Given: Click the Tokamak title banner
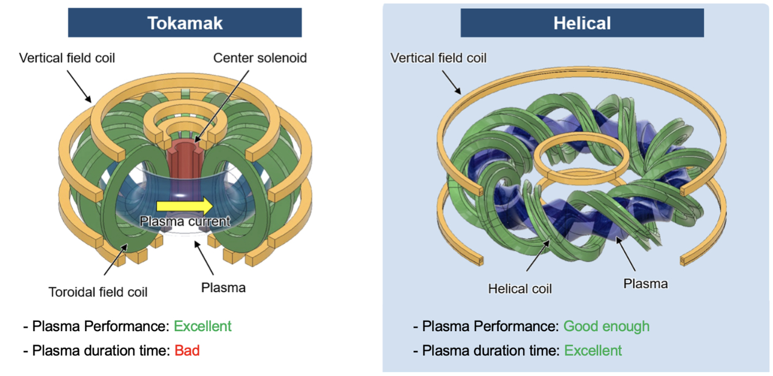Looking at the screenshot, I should coord(185,22).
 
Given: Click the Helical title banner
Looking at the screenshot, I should coord(581,23).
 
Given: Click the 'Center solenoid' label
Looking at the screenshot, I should coord(260,58).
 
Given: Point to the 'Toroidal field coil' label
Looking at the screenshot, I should coord(98,292).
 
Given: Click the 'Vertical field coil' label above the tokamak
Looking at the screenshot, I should coord(67,58).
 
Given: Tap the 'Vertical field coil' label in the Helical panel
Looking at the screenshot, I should coord(438,58).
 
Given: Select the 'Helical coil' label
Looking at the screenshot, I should coord(520,289).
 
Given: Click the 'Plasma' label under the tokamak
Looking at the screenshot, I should coord(223,287).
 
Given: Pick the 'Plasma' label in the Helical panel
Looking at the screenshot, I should coord(645,283).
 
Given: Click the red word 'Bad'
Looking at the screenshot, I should coord(187,350).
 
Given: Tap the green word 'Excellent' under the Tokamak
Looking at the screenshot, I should coord(202,327).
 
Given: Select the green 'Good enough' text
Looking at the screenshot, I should coord(606,327).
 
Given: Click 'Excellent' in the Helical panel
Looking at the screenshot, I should coord(593,350).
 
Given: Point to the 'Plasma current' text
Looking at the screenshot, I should coord(185,221).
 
